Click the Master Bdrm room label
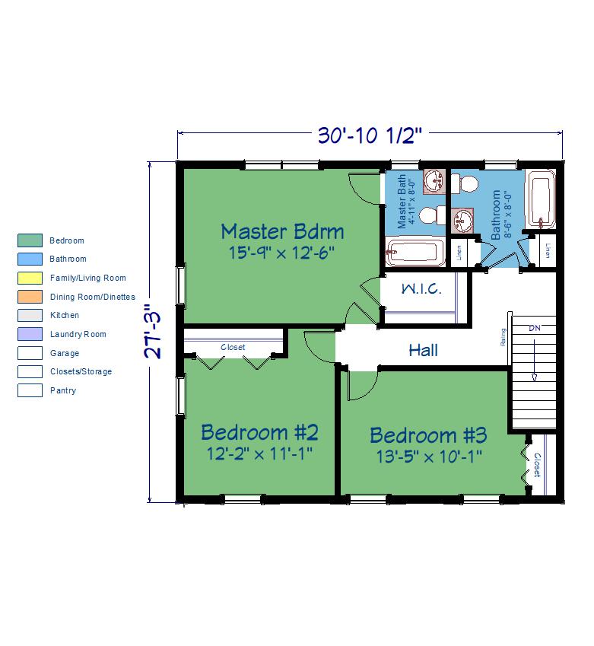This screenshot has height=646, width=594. [282, 231]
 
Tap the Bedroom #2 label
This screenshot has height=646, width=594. [259, 433]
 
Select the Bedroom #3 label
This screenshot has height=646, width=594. [428, 435]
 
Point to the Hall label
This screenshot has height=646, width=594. [423, 351]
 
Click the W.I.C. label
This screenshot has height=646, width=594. [421, 288]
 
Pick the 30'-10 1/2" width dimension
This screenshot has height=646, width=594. [370, 135]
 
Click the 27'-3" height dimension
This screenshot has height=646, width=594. [153, 331]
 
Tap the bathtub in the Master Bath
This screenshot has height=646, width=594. [415, 251]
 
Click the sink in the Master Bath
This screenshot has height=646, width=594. [434, 181]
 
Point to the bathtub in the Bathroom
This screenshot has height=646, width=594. [540, 199]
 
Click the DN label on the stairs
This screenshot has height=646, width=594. [534, 329]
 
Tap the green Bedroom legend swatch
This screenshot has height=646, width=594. [30, 240]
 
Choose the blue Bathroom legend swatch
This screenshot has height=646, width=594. [30, 259]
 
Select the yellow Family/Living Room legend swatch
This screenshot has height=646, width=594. [30, 278]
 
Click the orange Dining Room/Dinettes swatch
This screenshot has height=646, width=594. [30, 297]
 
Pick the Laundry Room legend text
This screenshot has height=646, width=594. [78, 334]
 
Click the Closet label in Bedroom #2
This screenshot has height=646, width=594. [233, 347]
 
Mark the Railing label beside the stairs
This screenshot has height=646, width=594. [503, 337]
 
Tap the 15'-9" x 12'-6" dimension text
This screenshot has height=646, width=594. [281, 253]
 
